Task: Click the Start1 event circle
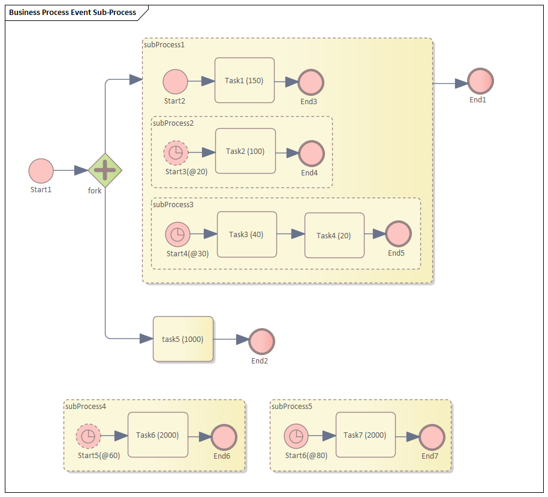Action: (x=41, y=171)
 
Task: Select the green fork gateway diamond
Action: (x=105, y=170)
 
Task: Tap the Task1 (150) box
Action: (x=245, y=81)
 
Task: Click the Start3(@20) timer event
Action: (x=176, y=153)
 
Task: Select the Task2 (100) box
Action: (x=245, y=151)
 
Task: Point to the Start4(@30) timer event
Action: (x=177, y=234)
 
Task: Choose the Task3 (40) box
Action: (x=246, y=234)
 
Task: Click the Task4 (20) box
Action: (x=334, y=235)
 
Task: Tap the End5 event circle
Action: (x=398, y=234)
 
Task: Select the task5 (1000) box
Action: (x=183, y=339)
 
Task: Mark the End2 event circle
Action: (x=261, y=341)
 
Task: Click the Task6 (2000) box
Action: (x=158, y=435)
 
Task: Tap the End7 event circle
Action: (x=432, y=437)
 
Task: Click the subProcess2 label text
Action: (x=173, y=123)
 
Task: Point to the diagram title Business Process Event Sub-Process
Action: (x=73, y=12)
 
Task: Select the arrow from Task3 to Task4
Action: (x=291, y=234)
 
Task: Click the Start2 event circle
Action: (x=175, y=81)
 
